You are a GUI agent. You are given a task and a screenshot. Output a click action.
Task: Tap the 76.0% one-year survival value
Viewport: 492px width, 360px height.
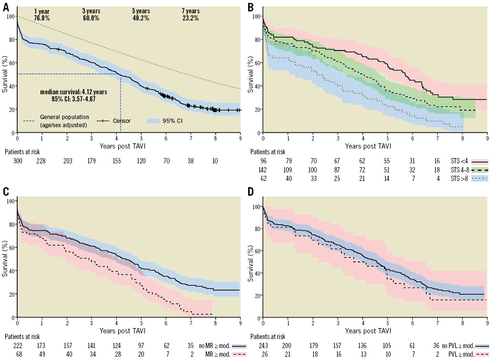point(42,18)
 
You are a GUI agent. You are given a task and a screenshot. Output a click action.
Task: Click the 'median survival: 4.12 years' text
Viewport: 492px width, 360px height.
point(70,92)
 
